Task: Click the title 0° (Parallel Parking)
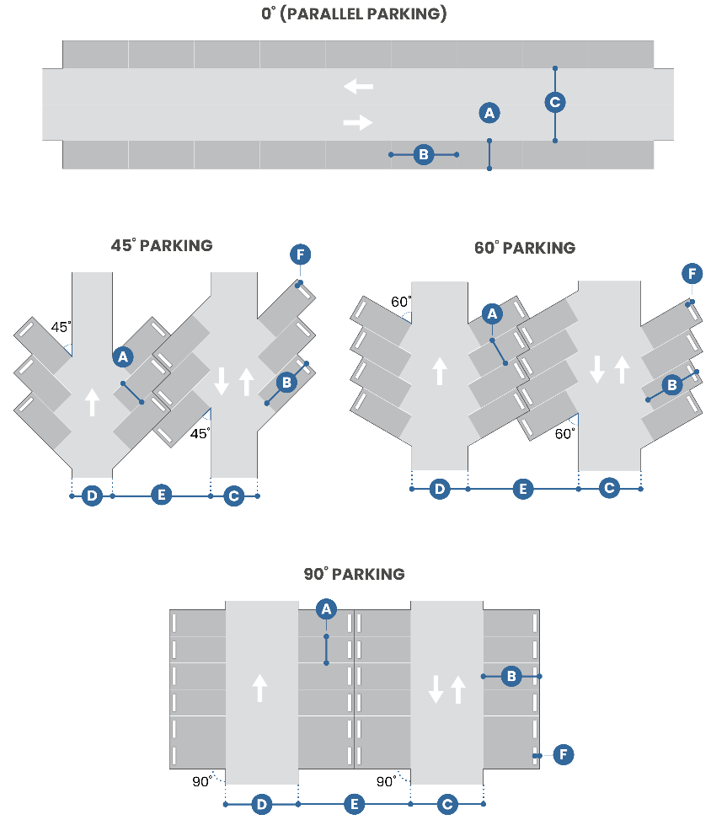(354, 14)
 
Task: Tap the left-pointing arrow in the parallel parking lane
(358, 86)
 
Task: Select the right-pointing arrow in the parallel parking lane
(358, 122)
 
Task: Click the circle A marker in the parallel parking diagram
(489, 112)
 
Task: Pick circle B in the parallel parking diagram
(424, 154)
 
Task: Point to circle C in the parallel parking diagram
(554, 103)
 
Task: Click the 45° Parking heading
(162, 246)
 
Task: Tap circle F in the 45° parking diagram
(299, 254)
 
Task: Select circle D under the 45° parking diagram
(92, 496)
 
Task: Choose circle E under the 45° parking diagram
(162, 496)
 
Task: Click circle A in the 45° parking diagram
(123, 357)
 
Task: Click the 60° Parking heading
(525, 248)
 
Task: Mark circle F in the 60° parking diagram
(692, 274)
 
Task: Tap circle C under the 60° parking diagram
(610, 488)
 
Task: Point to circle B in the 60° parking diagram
(671, 386)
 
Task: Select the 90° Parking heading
(354, 574)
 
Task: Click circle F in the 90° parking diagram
(564, 754)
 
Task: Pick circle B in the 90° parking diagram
(511, 676)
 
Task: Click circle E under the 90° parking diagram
(355, 805)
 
